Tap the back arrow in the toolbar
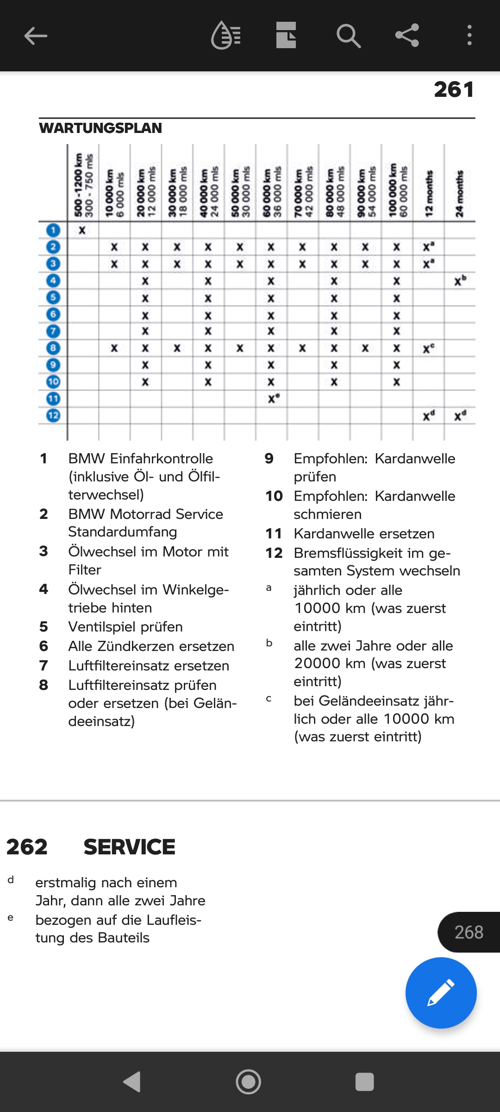pyautogui.click(x=36, y=36)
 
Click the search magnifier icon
pyautogui.click(x=348, y=36)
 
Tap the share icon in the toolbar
pyautogui.click(x=407, y=36)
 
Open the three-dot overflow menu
pyautogui.click(x=469, y=36)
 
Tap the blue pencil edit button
pyautogui.click(x=441, y=992)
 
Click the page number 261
pyautogui.click(x=454, y=89)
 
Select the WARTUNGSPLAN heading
pyautogui.click(x=100, y=128)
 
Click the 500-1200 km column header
pyautogui.click(x=83, y=185)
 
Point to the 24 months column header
pyautogui.click(x=459, y=194)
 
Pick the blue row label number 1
pyautogui.click(x=53, y=230)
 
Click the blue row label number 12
pyautogui.click(x=53, y=415)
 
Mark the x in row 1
pyautogui.click(x=82, y=230)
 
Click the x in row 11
pyautogui.click(x=272, y=398)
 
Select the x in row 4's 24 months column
pyautogui.click(x=459, y=281)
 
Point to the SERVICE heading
pyautogui.click(x=129, y=847)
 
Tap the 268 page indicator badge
pyautogui.click(x=469, y=932)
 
